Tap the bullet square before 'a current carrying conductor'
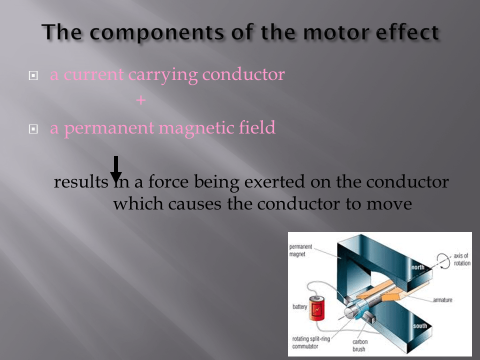[33, 75]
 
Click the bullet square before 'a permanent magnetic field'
[33, 129]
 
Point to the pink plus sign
[141, 100]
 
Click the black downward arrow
[116, 169]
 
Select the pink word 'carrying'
[163, 75]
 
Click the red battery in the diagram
[316, 308]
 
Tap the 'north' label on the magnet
[418, 267]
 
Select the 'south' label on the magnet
[420, 326]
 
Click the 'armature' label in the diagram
[442, 300]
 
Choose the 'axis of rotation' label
[462, 259]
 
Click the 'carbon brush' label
[359, 345]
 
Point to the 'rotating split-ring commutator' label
[311, 342]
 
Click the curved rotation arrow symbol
[443, 261]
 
